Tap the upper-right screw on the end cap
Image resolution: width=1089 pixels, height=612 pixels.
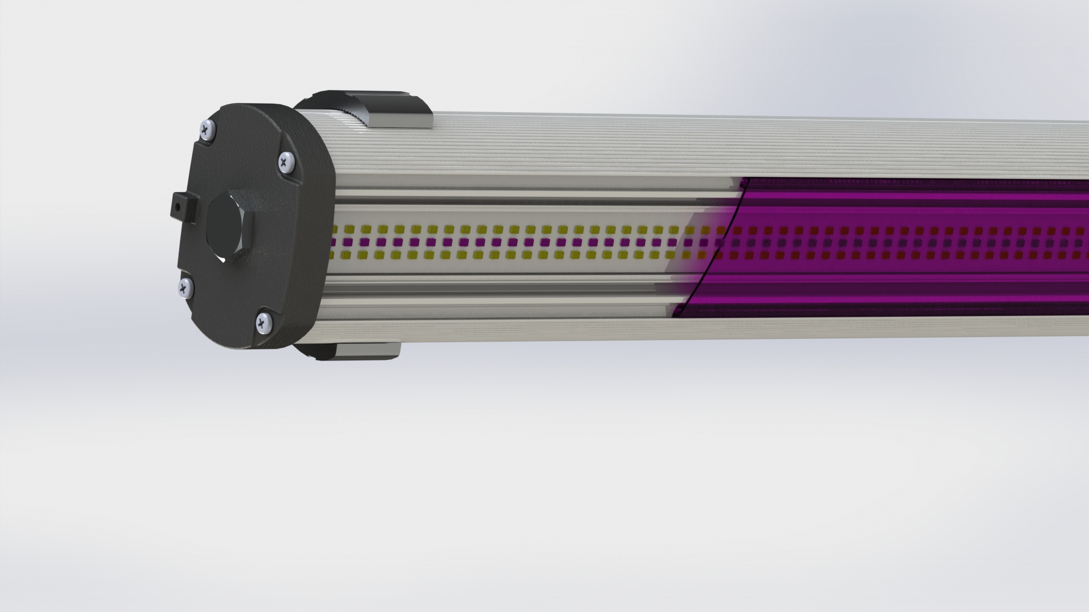click(x=285, y=163)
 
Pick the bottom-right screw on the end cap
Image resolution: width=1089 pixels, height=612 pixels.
click(x=263, y=323)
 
